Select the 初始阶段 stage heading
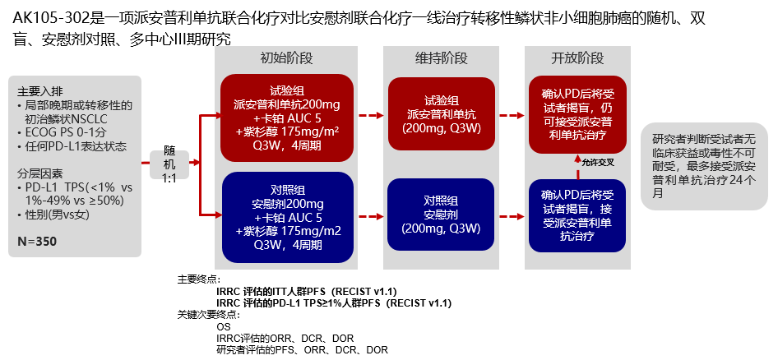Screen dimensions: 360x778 coord(286,58)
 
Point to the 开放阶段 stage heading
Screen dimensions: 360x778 coord(577,58)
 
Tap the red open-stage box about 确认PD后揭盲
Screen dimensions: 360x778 coord(577,114)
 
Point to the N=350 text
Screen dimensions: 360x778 coord(39,242)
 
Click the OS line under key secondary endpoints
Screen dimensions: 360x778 coord(224,326)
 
